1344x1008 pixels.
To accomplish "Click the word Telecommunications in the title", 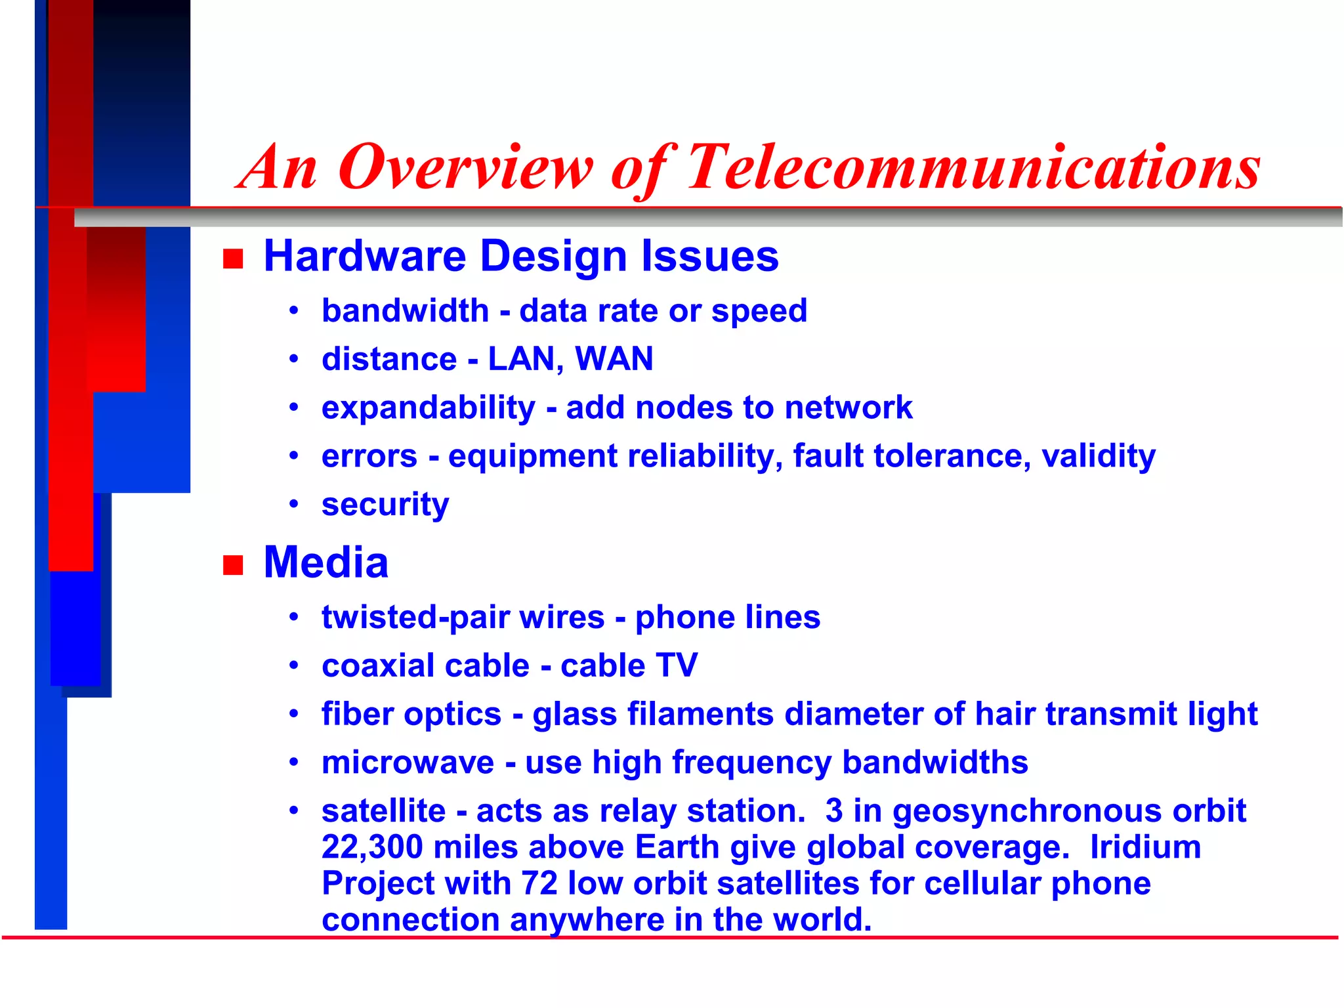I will coord(973,168).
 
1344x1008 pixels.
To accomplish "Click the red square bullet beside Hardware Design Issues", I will coord(233,259).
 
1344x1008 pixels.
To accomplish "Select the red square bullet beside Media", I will coord(233,564).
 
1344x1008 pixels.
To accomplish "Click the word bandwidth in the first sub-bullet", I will coord(405,310).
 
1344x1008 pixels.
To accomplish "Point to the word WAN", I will coord(614,359).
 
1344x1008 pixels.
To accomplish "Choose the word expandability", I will coord(428,408).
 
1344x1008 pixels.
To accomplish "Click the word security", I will coord(385,505).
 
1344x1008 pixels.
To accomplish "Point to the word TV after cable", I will coord(677,665).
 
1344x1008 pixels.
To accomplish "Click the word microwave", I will coord(408,763).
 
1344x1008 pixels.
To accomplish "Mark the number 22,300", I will coord(371,847).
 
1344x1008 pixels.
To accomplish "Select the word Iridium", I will coord(1145,847).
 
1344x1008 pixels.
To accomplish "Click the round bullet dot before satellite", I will coord(294,810).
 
